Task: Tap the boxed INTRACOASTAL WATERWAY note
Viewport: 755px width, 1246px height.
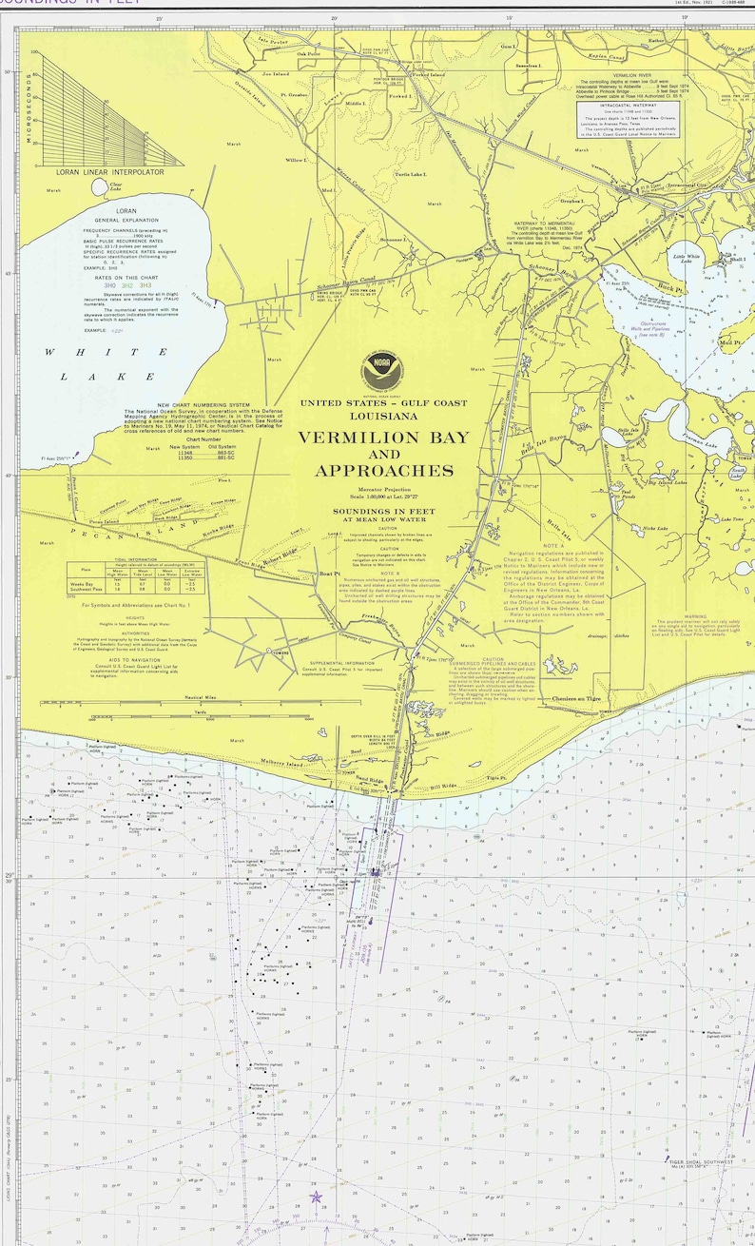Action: pos(629,123)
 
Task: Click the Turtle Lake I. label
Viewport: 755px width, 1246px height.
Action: pos(411,175)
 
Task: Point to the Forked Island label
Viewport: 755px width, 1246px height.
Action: pos(428,74)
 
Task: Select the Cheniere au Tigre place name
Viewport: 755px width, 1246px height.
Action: pos(576,699)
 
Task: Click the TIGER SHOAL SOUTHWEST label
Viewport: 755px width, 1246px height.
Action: pos(701,1161)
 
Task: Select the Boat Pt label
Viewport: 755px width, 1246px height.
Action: pos(329,574)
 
